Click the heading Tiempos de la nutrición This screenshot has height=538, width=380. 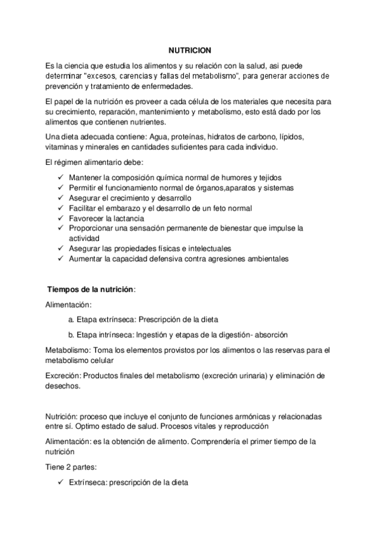pyautogui.click(x=92, y=289)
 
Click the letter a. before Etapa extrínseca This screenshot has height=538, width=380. pyautogui.click(x=72, y=319)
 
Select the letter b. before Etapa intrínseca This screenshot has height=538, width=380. pyautogui.click(x=72, y=334)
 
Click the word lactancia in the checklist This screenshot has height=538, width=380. pyautogui.click(x=128, y=218)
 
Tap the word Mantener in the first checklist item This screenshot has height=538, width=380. pyautogui.click(x=86, y=177)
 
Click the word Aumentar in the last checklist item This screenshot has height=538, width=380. pyautogui.click(x=87, y=258)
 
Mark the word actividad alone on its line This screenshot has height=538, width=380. pyautogui.click(x=86, y=238)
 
